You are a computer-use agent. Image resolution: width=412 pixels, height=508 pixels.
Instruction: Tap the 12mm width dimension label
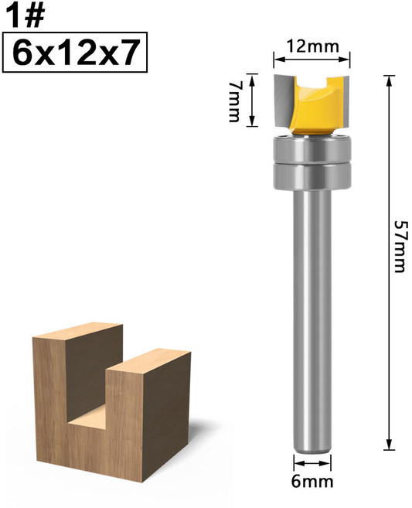312,46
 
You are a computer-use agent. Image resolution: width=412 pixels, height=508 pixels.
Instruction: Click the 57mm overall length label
399,245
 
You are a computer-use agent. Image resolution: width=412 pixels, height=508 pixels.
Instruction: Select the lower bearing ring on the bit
312,175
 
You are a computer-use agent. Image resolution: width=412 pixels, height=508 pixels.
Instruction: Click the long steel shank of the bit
312,309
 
